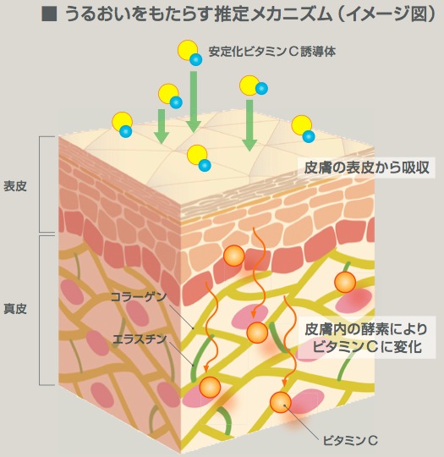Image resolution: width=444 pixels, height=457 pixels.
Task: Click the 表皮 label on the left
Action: point(15,186)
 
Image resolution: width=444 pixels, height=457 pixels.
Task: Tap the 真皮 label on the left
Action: point(15,309)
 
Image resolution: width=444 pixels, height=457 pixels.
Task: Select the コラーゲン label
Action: point(139,297)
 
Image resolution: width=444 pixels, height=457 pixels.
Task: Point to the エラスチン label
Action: point(140,339)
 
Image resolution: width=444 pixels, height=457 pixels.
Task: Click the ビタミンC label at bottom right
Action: point(350,440)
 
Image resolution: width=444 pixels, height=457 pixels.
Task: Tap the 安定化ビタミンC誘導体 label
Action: point(271,52)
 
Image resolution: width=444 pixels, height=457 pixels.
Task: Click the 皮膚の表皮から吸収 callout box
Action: point(366,168)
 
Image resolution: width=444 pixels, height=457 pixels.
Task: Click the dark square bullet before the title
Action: point(49,14)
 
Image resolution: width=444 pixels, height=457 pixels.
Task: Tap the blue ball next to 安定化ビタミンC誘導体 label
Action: point(195,59)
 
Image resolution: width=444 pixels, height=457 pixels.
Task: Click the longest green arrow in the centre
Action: point(194,102)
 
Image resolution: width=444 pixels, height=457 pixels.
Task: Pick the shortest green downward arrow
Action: point(162,126)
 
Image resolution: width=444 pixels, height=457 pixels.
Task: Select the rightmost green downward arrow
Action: point(249,125)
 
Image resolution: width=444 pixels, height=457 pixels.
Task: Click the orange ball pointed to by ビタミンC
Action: point(281,402)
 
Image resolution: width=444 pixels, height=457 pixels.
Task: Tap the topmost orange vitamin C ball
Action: point(234,256)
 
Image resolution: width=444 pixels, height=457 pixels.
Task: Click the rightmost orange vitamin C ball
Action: point(345,282)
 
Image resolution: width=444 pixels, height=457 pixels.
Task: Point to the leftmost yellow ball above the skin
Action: point(123,122)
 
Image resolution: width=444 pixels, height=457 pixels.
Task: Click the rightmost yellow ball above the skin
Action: point(302,125)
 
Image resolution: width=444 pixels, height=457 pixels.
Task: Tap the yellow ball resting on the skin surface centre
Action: point(197,156)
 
